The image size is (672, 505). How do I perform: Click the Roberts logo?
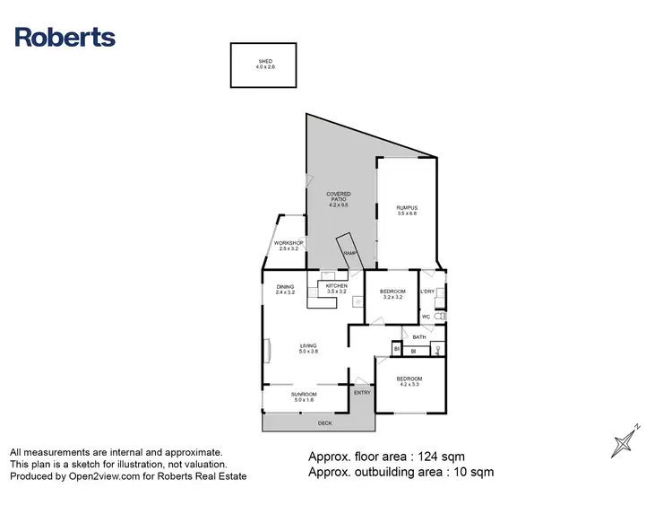pos(65,37)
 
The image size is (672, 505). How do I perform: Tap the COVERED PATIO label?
pos(338,197)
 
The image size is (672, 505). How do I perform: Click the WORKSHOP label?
pos(289,245)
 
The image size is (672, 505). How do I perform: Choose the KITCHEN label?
pos(336,289)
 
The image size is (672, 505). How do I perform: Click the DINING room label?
pos(285,289)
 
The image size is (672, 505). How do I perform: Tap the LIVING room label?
pos(308,349)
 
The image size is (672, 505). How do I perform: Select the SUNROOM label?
pos(305,396)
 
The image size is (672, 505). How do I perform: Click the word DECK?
pos(324,422)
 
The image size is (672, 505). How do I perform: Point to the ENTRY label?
pos(362,393)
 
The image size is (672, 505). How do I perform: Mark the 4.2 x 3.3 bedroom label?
pos(409,381)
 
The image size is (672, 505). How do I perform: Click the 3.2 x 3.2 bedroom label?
pos(394,293)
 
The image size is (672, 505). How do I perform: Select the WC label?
pos(426,317)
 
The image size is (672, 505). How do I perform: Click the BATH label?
pos(418,336)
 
